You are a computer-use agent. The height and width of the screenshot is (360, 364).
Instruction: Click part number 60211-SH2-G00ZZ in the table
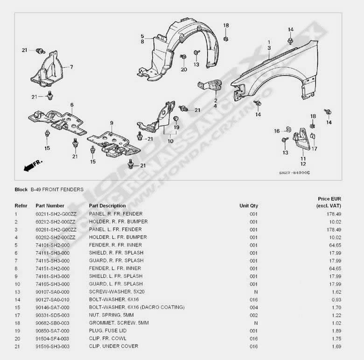[x=56, y=214]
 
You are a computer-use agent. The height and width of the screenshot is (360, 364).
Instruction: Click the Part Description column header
[x=107, y=206]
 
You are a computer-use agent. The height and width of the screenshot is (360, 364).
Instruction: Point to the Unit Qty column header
[x=249, y=206]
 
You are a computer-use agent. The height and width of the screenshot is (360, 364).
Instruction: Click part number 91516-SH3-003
[x=53, y=346]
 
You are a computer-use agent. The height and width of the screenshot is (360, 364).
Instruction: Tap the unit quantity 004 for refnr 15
[x=253, y=307]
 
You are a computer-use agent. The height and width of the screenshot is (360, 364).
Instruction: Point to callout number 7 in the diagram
[x=71, y=67]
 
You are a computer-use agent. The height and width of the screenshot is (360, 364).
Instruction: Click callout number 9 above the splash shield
[x=112, y=123]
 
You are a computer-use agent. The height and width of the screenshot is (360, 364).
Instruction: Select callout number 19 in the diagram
[x=176, y=127]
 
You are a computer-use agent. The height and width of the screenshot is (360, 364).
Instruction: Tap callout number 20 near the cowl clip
[x=183, y=70]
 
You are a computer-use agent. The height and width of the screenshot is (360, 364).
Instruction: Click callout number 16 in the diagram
[x=277, y=131]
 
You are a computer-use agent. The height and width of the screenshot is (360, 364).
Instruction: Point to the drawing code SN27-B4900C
[x=294, y=173]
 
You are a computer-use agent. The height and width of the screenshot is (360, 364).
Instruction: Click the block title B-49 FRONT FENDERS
[x=57, y=190]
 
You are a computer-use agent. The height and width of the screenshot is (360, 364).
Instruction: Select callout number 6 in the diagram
[x=72, y=105]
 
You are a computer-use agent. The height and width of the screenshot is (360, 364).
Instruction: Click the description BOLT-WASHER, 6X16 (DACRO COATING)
[x=137, y=307]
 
